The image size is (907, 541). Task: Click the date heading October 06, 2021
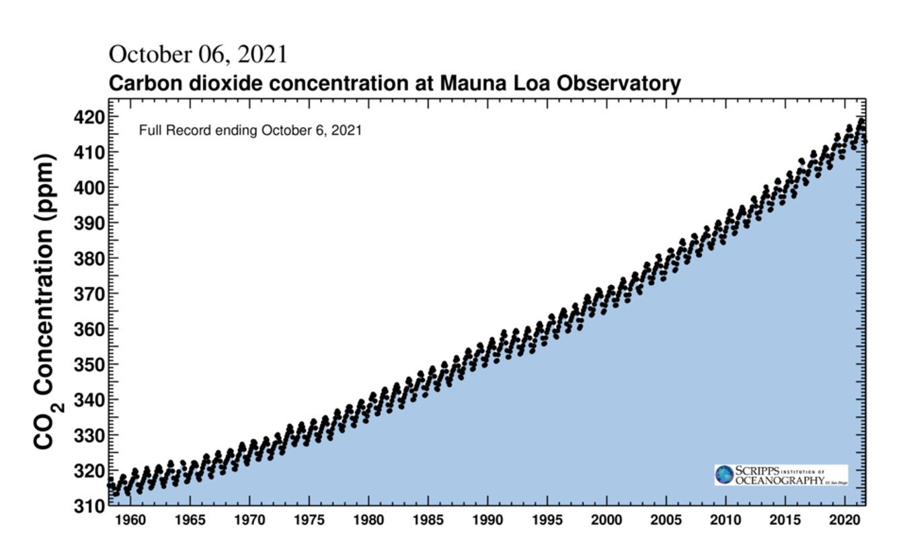point(198,54)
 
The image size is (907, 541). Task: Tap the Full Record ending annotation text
point(250,130)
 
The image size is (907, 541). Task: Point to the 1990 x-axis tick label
point(487,520)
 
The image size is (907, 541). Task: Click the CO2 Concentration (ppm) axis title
point(46,302)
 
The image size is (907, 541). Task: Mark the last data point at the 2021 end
point(865,141)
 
